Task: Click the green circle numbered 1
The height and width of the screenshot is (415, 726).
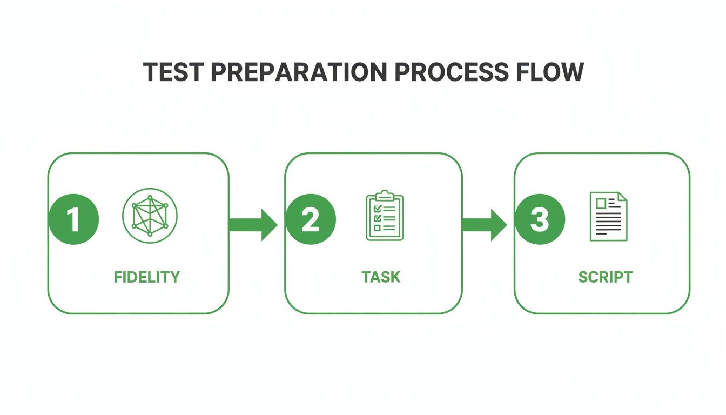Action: pos(73,220)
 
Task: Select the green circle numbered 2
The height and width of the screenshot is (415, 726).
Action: pos(311,220)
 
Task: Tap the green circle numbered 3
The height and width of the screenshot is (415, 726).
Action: pos(540,220)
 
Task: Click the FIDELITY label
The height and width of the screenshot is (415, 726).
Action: pos(147,277)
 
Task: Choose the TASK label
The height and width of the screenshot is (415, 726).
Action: pos(381,277)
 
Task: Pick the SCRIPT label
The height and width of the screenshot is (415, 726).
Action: pos(606,277)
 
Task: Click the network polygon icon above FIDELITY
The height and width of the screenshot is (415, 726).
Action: pos(150,216)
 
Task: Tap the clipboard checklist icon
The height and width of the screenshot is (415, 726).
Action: pos(385,216)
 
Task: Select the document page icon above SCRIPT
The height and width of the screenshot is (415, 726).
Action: pos(608,216)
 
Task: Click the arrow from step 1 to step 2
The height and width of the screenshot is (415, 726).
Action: pos(252,224)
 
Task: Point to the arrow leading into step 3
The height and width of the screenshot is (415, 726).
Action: pos(485,224)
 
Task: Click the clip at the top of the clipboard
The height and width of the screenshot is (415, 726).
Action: pos(385,194)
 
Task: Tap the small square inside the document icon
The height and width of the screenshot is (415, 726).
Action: pos(601,203)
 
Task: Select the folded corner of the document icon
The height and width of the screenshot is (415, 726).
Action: pos(622,197)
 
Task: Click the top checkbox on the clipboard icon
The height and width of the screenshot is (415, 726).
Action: pos(378,208)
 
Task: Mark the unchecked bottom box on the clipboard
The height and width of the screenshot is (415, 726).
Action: pos(378,228)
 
